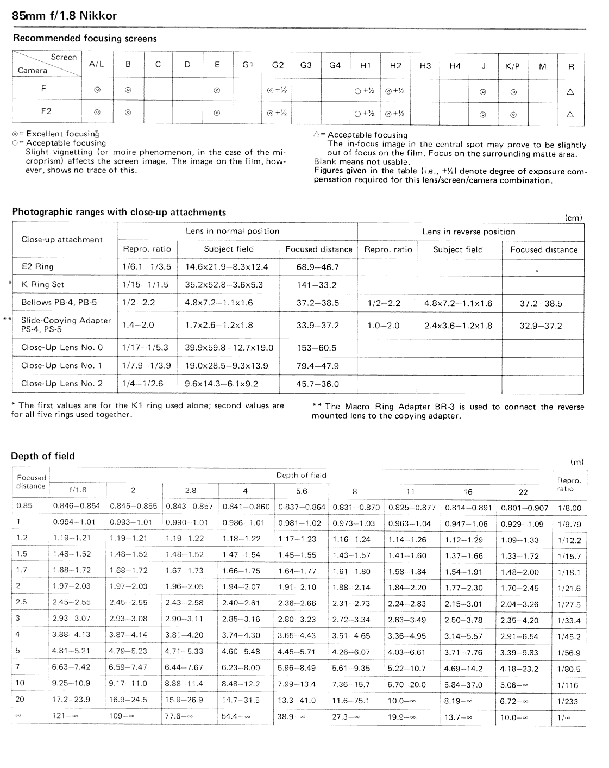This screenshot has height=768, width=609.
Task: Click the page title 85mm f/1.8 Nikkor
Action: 64,16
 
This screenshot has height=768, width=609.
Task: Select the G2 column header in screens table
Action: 278,65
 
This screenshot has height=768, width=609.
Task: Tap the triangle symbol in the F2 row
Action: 570,114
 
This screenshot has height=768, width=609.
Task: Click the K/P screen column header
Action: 512,66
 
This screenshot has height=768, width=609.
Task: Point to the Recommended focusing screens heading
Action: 85,39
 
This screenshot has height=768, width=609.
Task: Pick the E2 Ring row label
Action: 37,267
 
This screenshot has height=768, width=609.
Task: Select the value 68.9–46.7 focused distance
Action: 317,267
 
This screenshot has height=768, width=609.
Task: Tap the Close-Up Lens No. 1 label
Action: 61,366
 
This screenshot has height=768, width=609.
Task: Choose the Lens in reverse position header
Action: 469,232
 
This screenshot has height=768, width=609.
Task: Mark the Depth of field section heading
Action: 43,457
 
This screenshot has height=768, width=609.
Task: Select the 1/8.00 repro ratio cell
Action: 569,509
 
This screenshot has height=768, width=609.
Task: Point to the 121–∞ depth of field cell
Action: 65,716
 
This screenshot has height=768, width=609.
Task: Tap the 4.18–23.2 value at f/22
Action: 519,669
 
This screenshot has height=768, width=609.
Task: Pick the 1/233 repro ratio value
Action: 568,702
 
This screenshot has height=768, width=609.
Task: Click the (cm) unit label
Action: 574,218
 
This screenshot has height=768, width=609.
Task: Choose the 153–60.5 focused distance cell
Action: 316,348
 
